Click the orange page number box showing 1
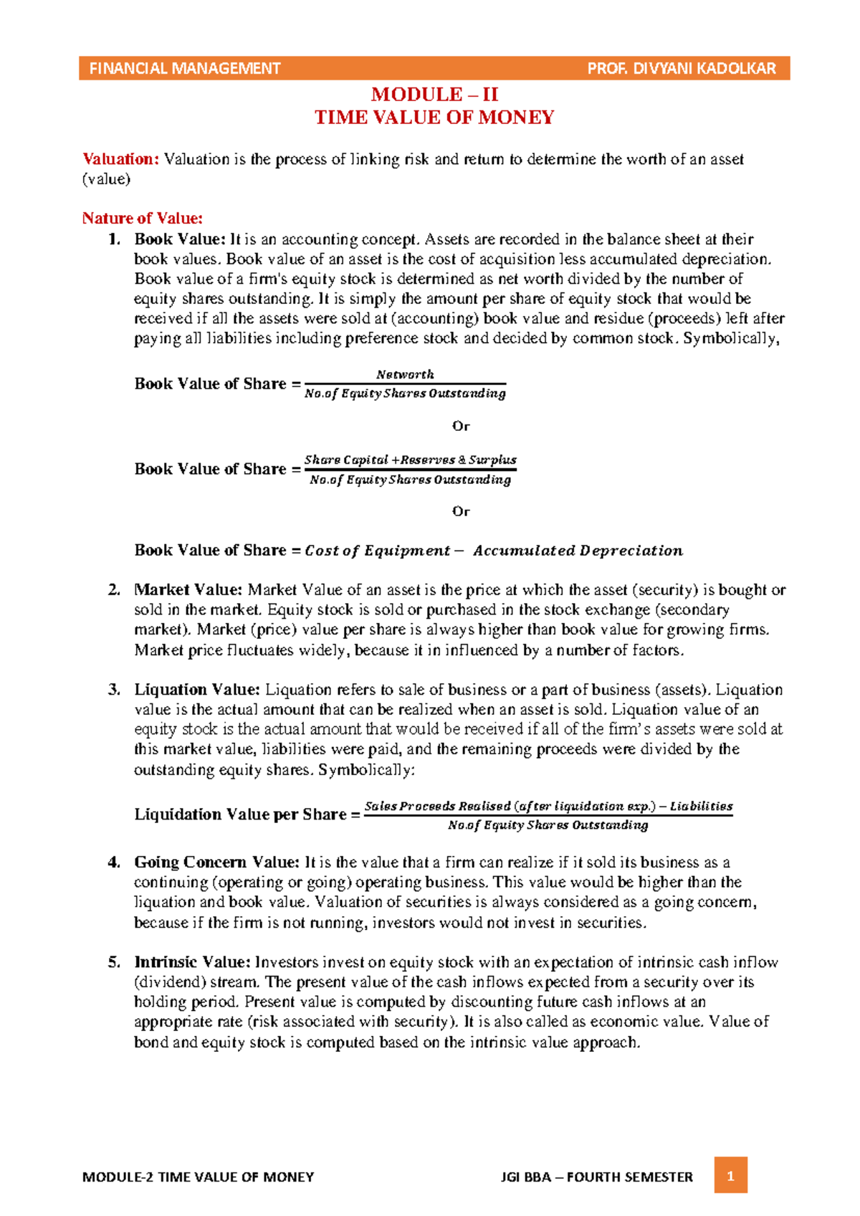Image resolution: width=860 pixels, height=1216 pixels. click(730, 1176)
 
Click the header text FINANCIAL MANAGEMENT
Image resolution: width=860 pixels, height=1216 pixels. click(184, 69)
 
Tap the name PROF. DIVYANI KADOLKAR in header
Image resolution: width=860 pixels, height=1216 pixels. click(681, 69)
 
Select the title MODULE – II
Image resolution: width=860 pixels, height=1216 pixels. click(434, 95)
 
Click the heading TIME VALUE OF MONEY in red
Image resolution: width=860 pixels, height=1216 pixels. click(434, 118)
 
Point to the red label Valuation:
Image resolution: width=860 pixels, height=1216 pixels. click(120, 159)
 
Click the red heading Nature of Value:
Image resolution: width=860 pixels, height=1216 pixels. click(142, 218)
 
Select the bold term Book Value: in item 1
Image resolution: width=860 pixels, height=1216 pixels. click(179, 239)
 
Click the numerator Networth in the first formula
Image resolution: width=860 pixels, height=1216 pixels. click(405, 374)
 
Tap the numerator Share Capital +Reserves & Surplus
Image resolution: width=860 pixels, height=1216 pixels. click(410, 460)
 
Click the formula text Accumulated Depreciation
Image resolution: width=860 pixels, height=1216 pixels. click(578, 551)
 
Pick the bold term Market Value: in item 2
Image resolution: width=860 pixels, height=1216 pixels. click(188, 590)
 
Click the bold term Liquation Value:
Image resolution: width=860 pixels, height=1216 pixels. click(196, 690)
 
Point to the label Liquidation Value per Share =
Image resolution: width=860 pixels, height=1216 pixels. click(247, 814)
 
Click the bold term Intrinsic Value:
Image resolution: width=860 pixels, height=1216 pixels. click(192, 962)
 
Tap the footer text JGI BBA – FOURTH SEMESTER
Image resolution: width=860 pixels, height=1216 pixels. click(597, 1177)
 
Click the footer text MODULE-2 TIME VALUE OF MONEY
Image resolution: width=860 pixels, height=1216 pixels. click(199, 1177)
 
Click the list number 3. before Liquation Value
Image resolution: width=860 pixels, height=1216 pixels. click(114, 690)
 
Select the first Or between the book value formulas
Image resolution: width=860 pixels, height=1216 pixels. click(461, 426)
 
